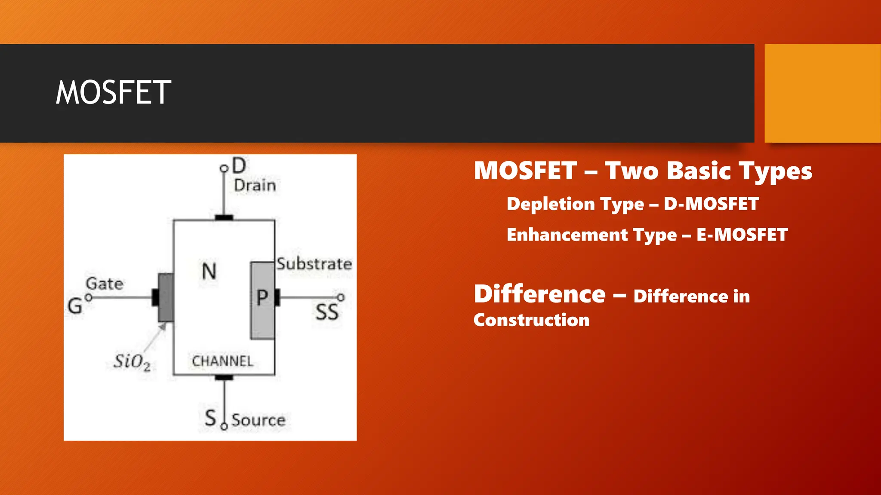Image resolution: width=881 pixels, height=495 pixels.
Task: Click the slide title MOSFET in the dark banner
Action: [114, 92]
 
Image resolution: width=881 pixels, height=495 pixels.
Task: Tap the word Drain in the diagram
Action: [255, 186]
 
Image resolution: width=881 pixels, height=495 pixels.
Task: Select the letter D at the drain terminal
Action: [239, 165]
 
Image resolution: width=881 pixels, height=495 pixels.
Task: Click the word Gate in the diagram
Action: [105, 284]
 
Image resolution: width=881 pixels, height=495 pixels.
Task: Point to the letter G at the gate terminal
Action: [75, 306]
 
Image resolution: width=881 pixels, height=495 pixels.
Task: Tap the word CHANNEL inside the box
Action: [222, 361]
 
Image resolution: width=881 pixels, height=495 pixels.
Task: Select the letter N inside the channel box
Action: [209, 272]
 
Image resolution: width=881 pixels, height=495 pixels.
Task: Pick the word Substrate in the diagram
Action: [314, 264]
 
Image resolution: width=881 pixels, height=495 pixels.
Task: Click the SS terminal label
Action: [327, 312]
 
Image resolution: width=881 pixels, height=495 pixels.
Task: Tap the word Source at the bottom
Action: [258, 420]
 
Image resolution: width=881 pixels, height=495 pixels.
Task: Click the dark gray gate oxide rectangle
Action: [166, 297]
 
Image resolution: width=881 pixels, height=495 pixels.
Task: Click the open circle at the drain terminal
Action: [224, 168]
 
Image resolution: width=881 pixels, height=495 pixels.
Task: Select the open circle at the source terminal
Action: [224, 426]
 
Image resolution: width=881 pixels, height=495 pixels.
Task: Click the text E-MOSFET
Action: [742, 235]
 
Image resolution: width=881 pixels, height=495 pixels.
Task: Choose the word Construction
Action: [531, 320]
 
